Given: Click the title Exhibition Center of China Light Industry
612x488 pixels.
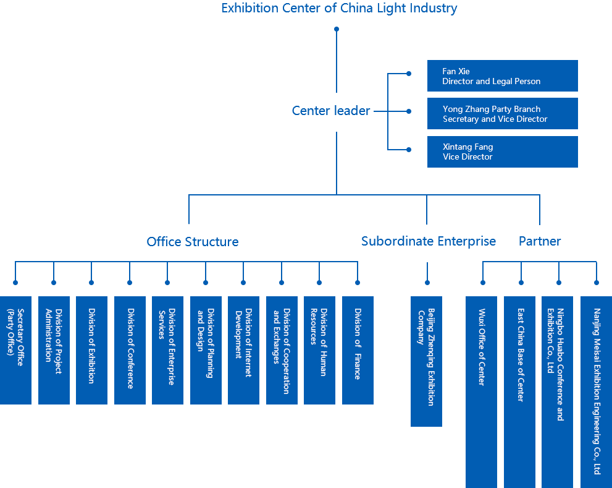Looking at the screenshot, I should coord(339,9).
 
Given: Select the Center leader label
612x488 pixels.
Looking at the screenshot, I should coord(331,111).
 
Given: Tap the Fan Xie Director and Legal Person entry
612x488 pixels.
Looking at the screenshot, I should coord(491,76).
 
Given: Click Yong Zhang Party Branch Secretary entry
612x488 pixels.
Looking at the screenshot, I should coord(495,114).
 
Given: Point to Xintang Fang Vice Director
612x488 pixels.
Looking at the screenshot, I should coord(467,152).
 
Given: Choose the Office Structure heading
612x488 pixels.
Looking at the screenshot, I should coord(193,241).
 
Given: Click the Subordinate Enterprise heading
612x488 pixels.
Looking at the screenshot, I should coord(429,241).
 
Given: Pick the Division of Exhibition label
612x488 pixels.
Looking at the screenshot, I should coord(91,346).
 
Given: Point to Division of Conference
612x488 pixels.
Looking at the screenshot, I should coord(130,348).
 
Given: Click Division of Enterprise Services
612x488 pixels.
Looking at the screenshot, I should coord(167,346).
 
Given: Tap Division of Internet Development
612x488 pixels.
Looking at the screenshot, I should coord(244,333).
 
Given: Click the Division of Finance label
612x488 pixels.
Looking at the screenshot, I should coord(358,344).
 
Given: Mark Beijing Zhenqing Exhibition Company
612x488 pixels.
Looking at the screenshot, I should coord(426,357).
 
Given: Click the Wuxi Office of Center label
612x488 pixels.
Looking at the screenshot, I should coord(482,347).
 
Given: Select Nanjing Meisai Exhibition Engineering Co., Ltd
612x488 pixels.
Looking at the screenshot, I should coord(597,392).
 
